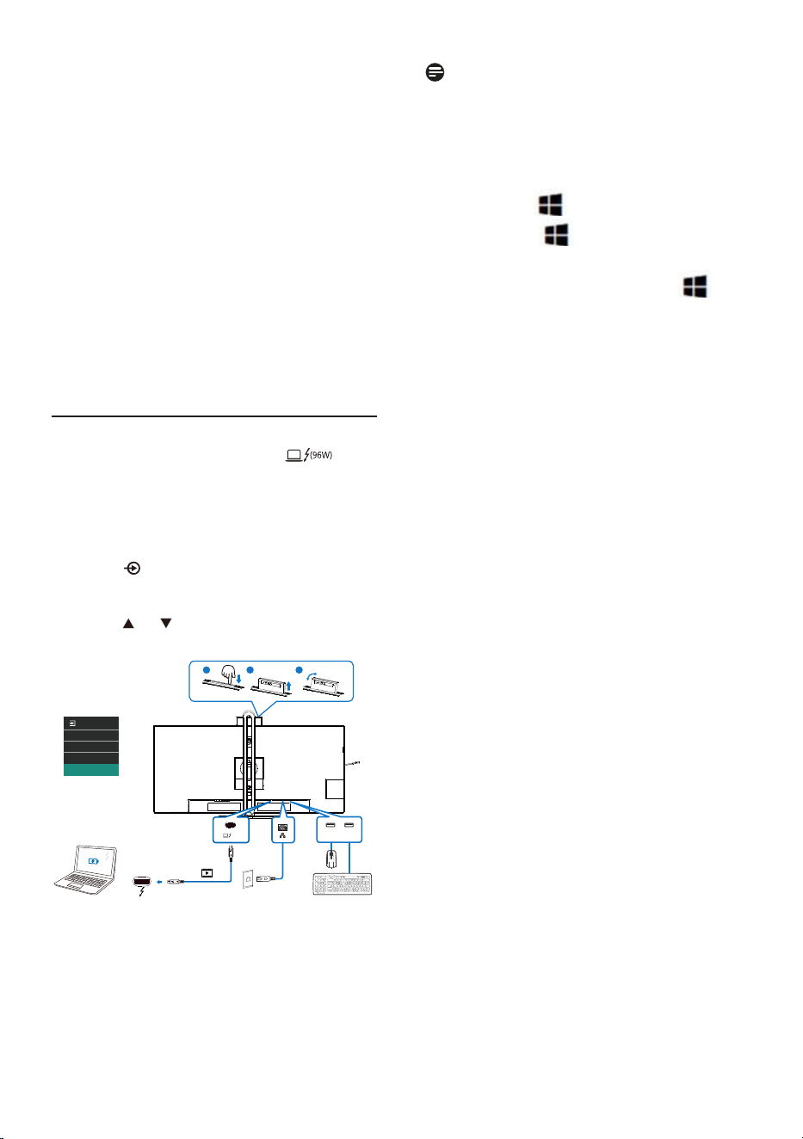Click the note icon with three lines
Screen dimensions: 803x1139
click(435, 72)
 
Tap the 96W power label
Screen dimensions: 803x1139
click(321, 454)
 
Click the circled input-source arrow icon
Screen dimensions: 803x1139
click(133, 568)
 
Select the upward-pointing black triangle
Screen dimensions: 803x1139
click(128, 624)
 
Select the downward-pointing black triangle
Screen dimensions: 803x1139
click(166, 623)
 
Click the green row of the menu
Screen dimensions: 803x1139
click(91, 770)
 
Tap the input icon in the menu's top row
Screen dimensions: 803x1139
click(72, 723)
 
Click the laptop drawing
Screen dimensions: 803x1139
click(85, 870)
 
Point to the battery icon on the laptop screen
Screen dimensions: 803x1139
click(93, 861)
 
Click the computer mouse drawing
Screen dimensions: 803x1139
click(331, 860)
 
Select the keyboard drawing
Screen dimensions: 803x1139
click(342, 883)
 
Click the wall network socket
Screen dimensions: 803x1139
click(248, 878)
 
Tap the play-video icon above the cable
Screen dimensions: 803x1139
click(207, 873)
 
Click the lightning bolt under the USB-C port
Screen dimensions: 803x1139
click(141, 891)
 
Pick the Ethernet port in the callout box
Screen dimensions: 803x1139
click(283, 828)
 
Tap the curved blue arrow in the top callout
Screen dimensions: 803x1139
click(312, 675)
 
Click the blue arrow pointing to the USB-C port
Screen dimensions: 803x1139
click(158, 882)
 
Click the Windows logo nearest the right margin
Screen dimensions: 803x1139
click(695, 286)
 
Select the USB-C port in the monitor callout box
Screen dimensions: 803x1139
click(230, 825)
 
